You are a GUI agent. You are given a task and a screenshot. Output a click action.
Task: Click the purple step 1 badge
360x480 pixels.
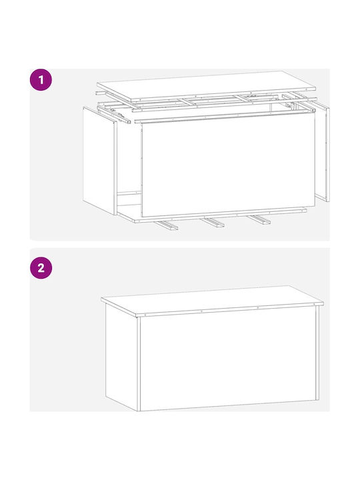(x=41, y=79)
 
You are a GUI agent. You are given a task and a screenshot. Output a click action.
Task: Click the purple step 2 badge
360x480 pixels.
(x=41, y=268)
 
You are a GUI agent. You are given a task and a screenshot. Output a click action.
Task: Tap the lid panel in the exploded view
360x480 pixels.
(x=206, y=86)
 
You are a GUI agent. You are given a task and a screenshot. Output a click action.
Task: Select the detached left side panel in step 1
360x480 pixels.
(x=100, y=161)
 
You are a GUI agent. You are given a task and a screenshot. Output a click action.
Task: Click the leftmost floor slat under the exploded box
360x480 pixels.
(x=166, y=225)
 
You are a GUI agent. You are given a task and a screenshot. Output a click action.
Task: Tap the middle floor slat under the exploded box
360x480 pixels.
(x=213, y=223)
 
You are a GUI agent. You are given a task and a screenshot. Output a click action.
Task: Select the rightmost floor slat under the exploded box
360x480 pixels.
(x=259, y=219)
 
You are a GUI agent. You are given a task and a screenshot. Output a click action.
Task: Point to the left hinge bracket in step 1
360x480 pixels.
(x=121, y=117)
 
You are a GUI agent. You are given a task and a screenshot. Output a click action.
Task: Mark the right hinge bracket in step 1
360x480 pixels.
(x=291, y=107)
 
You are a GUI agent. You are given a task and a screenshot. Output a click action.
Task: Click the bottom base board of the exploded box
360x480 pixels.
(x=212, y=215)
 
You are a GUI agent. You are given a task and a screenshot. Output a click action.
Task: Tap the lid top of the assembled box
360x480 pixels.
(x=212, y=300)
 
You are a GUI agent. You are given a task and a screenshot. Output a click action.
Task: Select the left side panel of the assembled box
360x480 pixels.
(x=121, y=357)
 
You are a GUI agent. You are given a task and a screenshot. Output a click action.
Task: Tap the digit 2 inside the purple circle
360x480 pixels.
(x=41, y=268)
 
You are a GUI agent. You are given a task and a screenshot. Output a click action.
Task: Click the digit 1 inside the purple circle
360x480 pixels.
(x=41, y=80)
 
